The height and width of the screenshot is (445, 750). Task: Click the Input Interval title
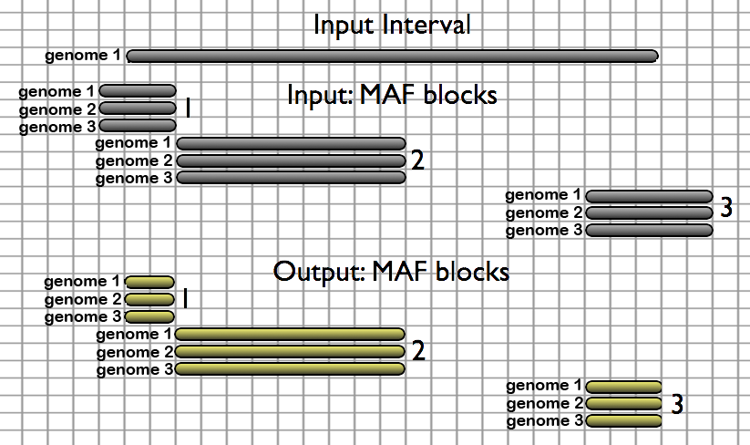pos(392,25)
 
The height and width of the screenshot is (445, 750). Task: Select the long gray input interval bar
pos(392,57)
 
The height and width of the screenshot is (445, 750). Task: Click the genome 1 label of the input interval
pos(83,56)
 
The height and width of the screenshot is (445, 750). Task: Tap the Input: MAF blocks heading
pos(392,95)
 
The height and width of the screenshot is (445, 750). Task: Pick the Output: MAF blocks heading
pos(391,272)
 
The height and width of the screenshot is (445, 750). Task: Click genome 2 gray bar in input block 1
pos(138,109)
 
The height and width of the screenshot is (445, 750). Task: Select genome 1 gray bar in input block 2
pos(291,143)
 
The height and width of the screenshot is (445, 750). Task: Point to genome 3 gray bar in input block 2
pos(291,178)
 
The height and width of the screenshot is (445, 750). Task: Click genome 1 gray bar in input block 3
pos(649,196)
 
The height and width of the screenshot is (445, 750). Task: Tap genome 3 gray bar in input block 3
pos(649,231)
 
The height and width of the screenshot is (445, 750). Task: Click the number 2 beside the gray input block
pos(417,161)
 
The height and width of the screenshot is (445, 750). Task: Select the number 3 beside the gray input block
pos(726,209)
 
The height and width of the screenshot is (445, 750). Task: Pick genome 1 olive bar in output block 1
pos(149,282)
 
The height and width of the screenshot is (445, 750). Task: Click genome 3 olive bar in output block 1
pos(149,316)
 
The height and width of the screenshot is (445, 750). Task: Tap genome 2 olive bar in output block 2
pos(291,352)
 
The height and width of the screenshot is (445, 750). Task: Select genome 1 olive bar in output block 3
pos(624,387)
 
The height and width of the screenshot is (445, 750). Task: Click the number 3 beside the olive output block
pos(677,404)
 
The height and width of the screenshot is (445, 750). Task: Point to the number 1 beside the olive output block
pos(184,299)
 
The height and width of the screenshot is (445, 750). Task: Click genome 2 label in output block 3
pos(543,404)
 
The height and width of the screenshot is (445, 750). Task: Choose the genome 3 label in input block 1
pos(57,127)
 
